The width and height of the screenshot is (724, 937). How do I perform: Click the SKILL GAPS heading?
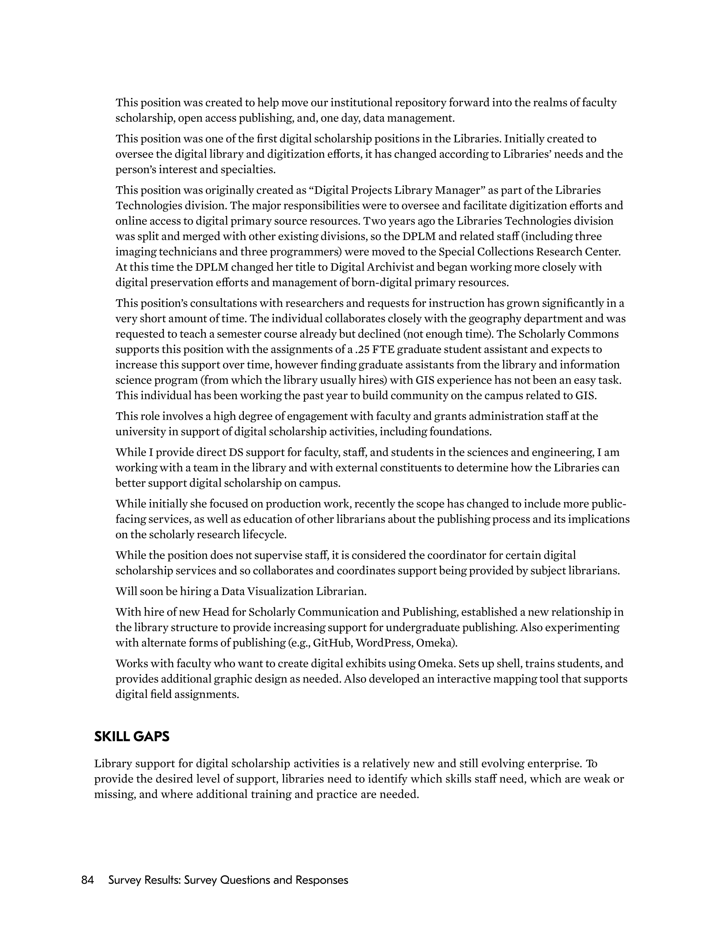[x=132, y=736]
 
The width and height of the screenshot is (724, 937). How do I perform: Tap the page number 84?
[x=88, y=880]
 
